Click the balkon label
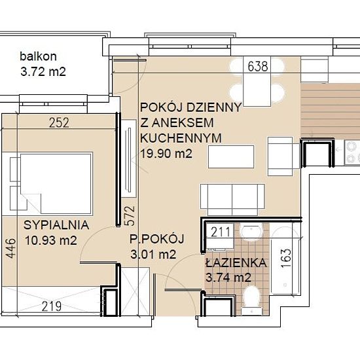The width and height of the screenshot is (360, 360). pyautogui.click(x=38, y=56)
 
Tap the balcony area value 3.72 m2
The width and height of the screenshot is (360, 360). pyautogui.click(x=43, y=71)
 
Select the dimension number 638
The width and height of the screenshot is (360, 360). pyautogui.click(x=258, y=66)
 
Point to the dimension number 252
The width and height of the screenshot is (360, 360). pyautogui.click(x=59, y=122)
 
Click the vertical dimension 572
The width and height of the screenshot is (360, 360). pyautogui.click(x=129, y=216)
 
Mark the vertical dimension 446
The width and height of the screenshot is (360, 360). pyautogui.click(x=10, y=248)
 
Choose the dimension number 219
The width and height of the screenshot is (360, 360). pyautogui.click(x=52, y=306)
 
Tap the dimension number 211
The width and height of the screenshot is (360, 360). pyautogui.click(x=221, y=232)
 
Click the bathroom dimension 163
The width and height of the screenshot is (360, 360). pyautogui.click(x=286, y=259)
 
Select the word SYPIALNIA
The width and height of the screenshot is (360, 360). pyautogui.click(x=56, y=225)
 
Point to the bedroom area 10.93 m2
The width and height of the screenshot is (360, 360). pyautogui.click(x=51, y=241)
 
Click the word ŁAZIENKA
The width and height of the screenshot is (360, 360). pyautogui.click(x=236, y=262)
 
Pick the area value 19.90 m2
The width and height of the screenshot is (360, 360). pyautogui.click(x=166, y=153)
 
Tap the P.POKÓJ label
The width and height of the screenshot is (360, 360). pyautogui.click(x=157, y=238)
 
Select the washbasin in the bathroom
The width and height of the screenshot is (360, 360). pyautogui.click(x=251, y=232)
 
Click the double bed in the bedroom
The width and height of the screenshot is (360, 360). pyautogui.click(x=56, y=184)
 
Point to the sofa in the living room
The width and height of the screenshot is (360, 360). pyautogui.click(x=232, y=196)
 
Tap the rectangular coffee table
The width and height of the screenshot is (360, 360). pyautogui.click(x=231, y=157)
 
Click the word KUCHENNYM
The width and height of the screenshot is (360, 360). pyautogui.click(x=181, y=138)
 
